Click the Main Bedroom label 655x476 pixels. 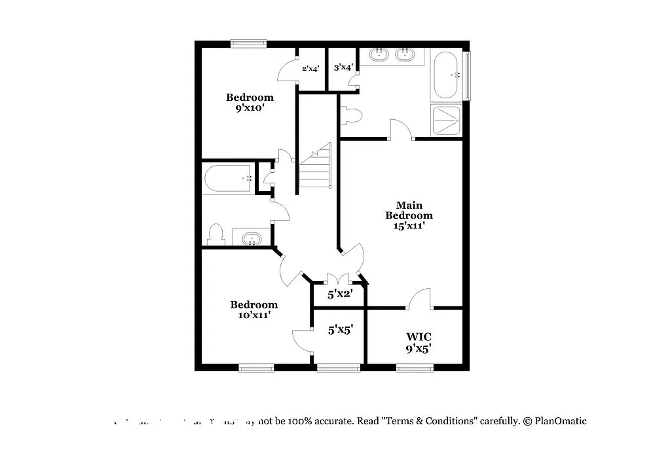click(409, 215)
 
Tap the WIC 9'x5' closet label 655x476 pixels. click(418, 342)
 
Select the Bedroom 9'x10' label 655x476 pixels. click(250, 103)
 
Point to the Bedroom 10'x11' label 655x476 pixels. click(253, 310)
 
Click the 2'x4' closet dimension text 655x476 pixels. click(310, 67)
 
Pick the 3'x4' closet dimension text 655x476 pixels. click(343, 67)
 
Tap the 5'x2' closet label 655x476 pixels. click(340, 294)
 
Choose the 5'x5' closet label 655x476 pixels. click(341, 330)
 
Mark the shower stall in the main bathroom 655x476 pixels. click(447, 120)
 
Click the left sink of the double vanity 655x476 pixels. click(379, 55)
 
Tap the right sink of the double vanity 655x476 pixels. click(406, 55)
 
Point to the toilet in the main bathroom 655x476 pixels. click(352, 115)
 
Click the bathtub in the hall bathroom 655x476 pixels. click(229, 178)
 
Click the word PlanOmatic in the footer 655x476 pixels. click(560, 421)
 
